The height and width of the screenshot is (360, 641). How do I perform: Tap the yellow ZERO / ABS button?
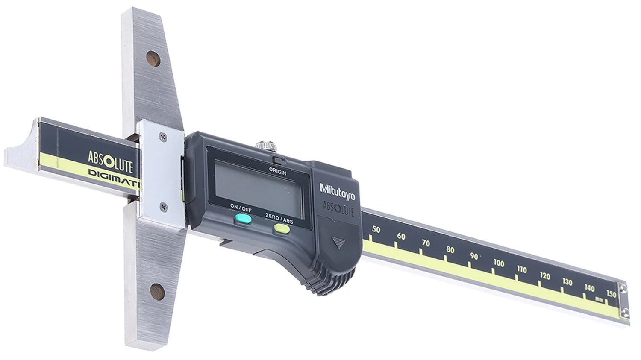[x=282, y=228]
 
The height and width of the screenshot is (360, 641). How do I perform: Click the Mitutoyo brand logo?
[x=338, y=192]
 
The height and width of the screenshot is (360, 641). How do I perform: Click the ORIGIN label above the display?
[x=277, y=171]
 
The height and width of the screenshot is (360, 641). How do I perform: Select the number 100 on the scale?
[x=499, y=263]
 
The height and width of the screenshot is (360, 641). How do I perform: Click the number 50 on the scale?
[x=376, y=230]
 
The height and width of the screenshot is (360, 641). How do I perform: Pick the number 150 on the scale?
[x=611, y=294]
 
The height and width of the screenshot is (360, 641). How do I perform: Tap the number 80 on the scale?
[x=450, y=250]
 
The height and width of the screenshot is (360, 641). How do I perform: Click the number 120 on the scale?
[x=545, y=276]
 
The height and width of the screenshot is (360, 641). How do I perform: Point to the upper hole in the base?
[x=153, y=59]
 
